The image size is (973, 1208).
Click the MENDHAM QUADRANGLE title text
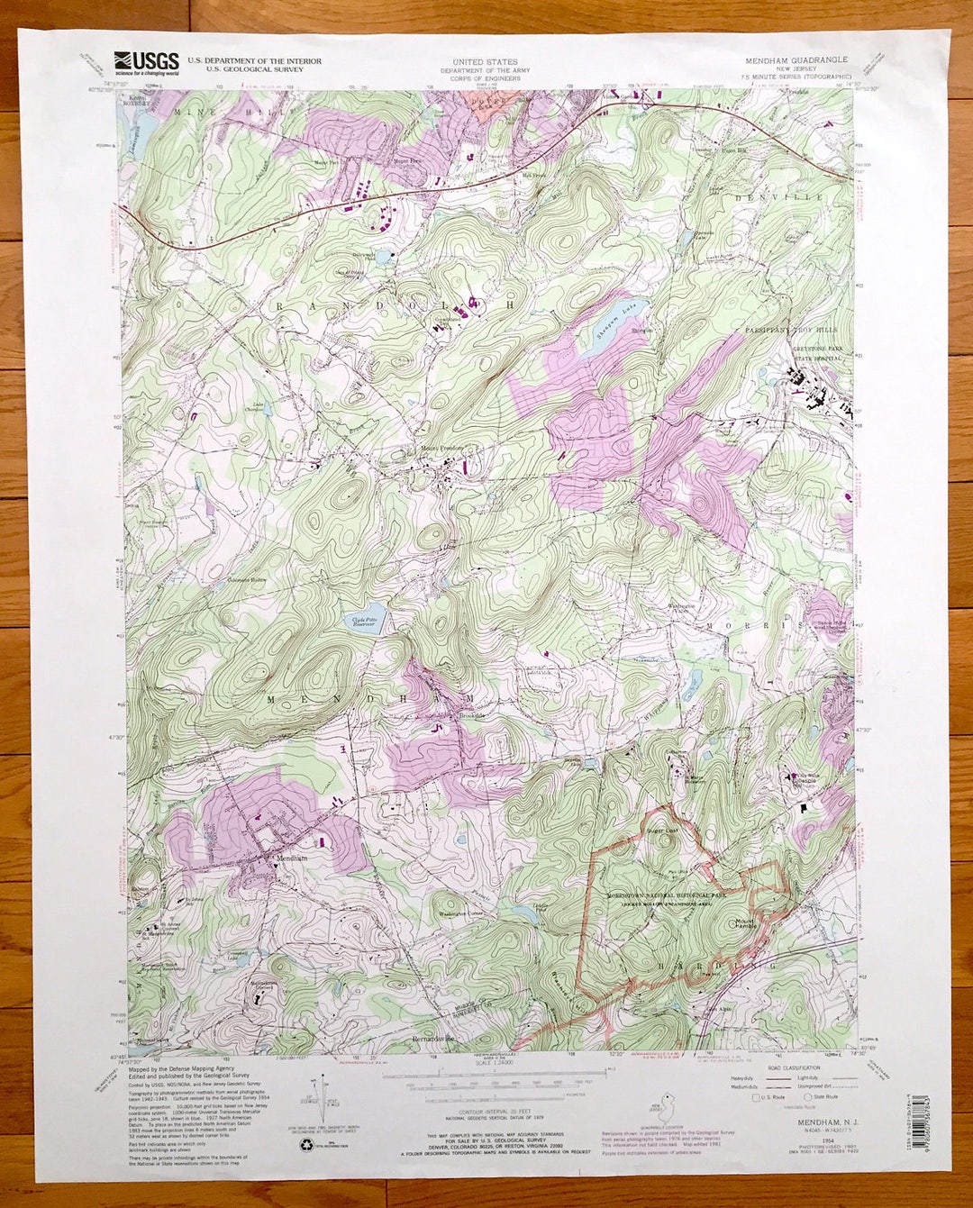pyautogui.click(x=796, y=59)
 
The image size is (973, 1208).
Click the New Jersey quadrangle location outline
pyautogui.click(x=666, y=1105)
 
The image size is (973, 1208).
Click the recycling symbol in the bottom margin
pyautogui.click(x=304, y=1145)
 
